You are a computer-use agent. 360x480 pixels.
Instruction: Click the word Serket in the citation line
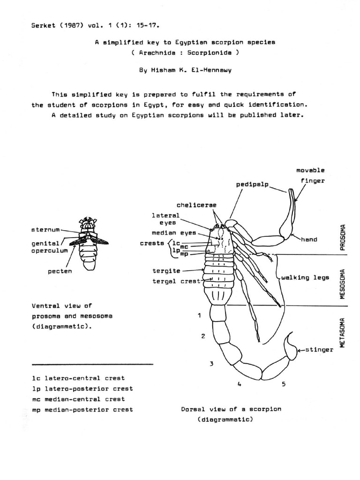(x=43, y=25)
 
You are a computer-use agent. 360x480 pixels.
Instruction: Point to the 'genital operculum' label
(x=50, y=247)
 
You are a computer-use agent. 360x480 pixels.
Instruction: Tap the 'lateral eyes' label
(x=165, y=219)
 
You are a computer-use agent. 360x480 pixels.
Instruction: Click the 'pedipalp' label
(x=252, y=185)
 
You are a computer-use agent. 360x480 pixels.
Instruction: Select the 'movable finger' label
(x=310, y=175)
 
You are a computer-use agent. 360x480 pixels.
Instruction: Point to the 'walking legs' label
(x=305, y=277)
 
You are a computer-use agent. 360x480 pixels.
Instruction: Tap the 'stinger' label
(x=321, y=350)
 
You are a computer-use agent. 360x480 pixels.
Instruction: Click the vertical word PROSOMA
(x=343, y=237)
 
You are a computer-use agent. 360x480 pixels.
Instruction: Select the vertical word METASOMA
(x=343, y=332)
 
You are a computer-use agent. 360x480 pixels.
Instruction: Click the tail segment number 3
(x=211, y=363)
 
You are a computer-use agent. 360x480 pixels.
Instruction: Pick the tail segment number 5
(x=284, y=384)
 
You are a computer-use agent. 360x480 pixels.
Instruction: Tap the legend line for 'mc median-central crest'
(x=78, y=399)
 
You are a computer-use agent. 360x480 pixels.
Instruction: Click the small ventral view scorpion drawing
(x=88, y=244)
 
